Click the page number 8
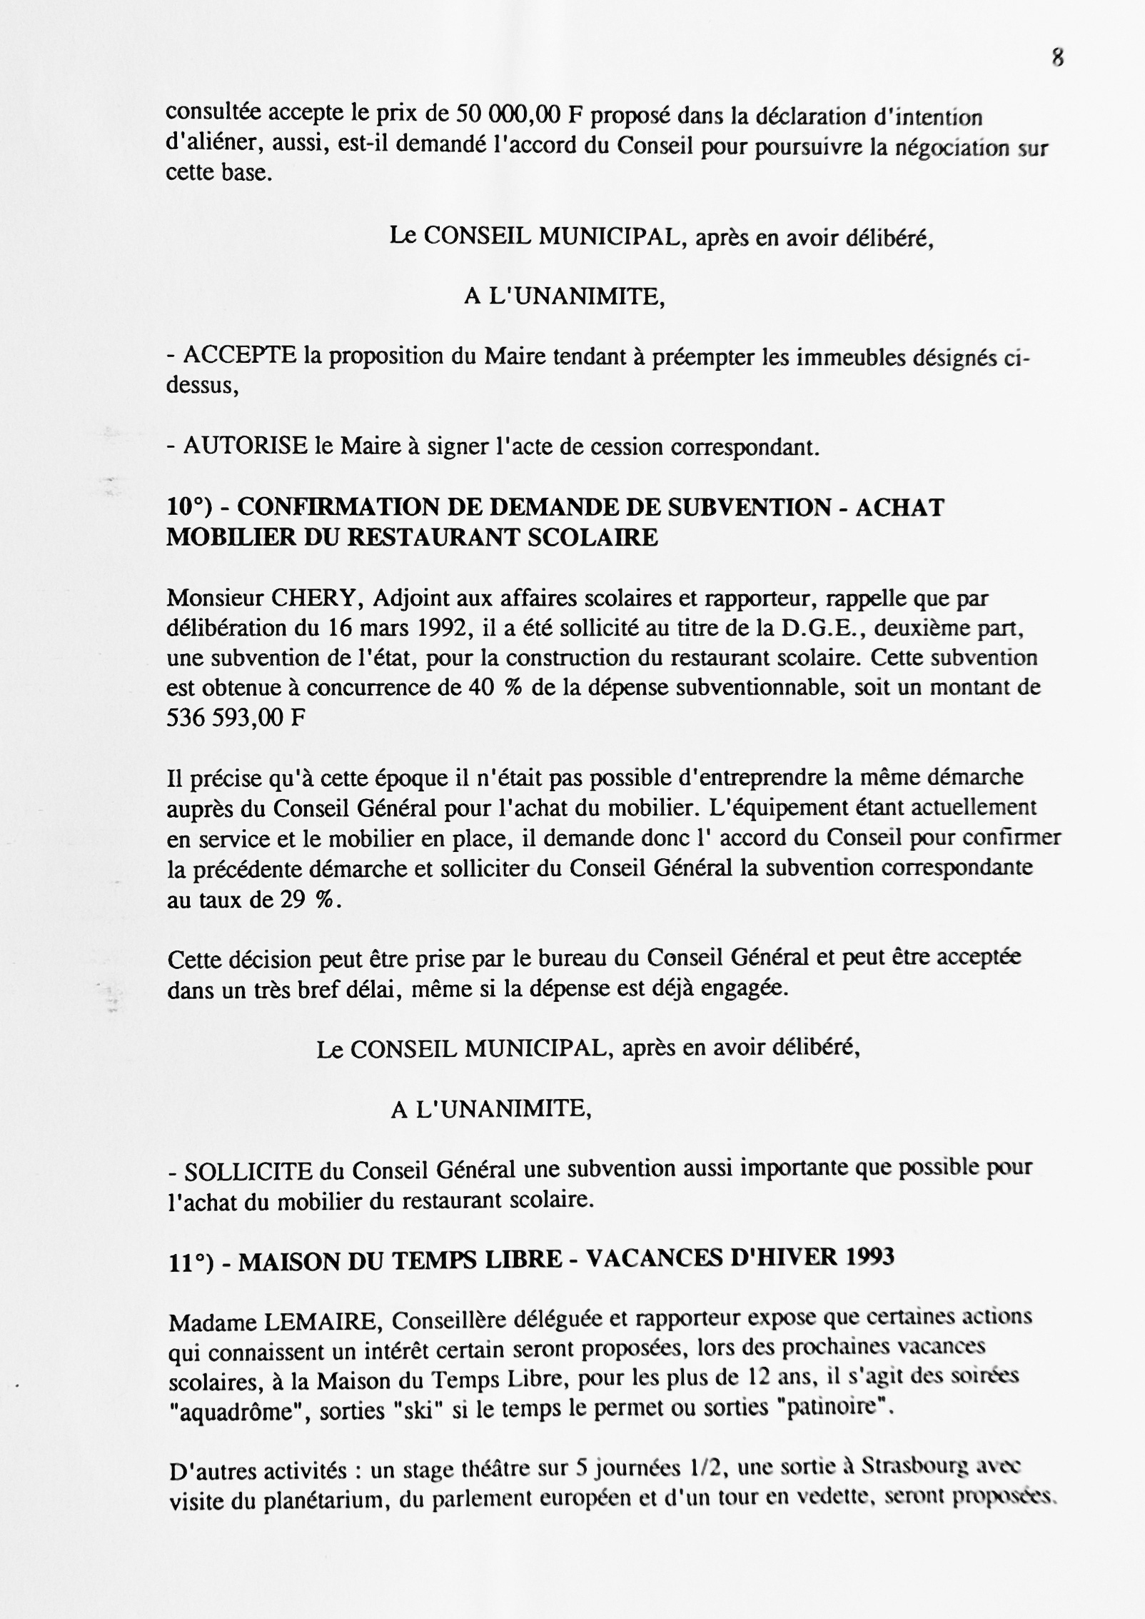coord(1058,58)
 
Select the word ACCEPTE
coord(240,355)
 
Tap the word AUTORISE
coord(246,446)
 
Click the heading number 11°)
coord(191,1262)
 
